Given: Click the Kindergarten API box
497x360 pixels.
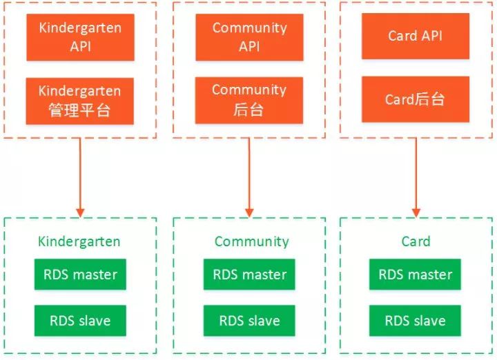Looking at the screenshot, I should click(x=80, y=37).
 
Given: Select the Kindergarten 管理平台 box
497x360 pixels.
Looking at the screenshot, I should click(x=80, y=101).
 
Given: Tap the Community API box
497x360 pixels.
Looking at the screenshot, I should click(x=249, y=37).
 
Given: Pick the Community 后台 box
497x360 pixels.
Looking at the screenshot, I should click(x=249, y=100).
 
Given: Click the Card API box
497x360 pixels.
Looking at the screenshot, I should click(x=416, y=36).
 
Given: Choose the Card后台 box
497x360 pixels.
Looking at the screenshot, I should click(x=416, y=99).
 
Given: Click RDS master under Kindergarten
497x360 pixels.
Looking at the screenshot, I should click(x=80, y=274).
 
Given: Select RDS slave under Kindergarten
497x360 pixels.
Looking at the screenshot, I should click(x=80, y=321).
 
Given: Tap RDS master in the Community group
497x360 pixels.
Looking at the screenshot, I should click(x=250, y=274).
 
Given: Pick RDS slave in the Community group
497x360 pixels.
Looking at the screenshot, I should click(x=250, y=321).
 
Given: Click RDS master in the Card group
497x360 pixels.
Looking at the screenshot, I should click(x=416, y=274).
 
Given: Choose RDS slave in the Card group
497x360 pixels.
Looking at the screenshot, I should click(x=416, y=321).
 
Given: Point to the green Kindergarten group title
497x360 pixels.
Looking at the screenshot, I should click(x=79, y=241).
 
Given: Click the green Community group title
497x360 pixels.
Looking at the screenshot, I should click(x=251, y=241).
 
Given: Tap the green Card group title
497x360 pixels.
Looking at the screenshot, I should click(x=416, y=241).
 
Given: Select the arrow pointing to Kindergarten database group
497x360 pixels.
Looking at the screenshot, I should click(x=80, y=176).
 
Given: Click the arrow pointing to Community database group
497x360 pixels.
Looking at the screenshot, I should click(x=249, y=176).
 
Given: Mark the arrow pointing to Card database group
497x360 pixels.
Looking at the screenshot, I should click(x=416, y=176).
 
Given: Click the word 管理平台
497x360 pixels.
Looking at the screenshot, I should click(x=80, y=110).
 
